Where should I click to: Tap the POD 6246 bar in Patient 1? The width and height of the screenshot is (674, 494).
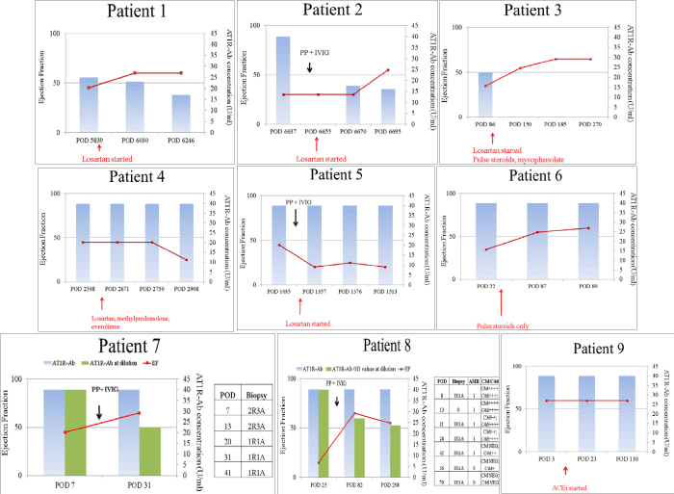pos(181,113)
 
